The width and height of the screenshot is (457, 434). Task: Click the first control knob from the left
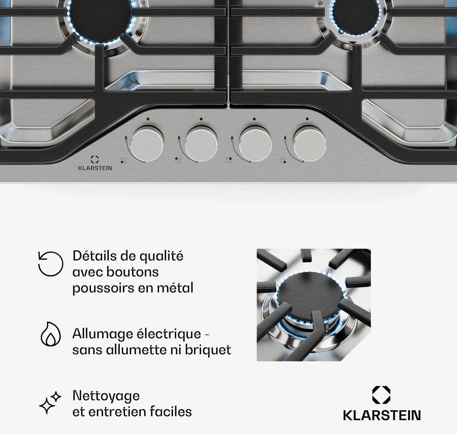[147, 144]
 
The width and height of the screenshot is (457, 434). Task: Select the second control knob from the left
[201, 144]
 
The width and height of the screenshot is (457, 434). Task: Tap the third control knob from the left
[255, 144]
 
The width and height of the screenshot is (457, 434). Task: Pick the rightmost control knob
[309, 144]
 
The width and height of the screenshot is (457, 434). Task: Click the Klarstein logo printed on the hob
[95, 163]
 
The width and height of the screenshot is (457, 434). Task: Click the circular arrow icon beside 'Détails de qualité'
[51, 264]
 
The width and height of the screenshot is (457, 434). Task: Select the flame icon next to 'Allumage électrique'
[51, 334]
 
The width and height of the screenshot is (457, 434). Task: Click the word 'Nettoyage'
[106, 396]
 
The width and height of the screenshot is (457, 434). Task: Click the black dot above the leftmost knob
[148, 119]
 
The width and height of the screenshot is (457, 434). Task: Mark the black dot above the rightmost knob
[307, 119]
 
